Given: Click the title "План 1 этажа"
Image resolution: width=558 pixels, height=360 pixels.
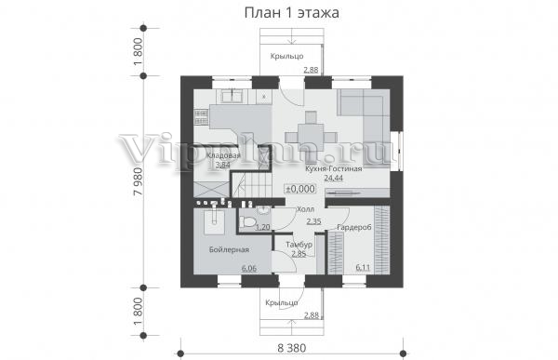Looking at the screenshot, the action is pos(291,13).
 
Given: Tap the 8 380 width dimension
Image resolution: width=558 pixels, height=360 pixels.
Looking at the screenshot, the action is pos(291,348).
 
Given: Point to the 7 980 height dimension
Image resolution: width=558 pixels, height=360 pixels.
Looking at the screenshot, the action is pos(138,181).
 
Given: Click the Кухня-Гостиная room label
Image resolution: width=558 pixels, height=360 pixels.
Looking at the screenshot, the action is pos(334,168).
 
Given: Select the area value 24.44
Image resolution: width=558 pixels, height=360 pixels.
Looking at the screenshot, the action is pos(334,178).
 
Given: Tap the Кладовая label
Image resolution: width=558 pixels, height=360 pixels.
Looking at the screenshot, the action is pos(223,155).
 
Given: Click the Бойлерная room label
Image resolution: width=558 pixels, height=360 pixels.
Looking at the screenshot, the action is pos(229,249).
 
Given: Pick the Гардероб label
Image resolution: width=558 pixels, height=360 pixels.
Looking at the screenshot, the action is pos(354,227).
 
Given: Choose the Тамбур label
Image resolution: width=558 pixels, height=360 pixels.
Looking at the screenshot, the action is pos(299,245).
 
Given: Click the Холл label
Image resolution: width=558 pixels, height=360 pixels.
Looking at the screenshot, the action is pos(305,209).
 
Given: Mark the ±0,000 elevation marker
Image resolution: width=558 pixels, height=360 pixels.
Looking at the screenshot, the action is pos(300,189).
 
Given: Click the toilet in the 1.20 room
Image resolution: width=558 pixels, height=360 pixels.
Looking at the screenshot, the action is pos(247,222).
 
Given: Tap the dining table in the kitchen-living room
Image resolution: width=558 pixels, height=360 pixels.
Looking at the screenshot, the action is pos(311,136).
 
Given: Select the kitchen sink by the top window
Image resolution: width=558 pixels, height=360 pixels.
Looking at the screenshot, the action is pos(232,96).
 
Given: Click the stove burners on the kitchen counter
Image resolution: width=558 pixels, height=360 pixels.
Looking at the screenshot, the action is pos(201,117).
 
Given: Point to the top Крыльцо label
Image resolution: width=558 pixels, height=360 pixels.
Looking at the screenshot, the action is pos(286,56).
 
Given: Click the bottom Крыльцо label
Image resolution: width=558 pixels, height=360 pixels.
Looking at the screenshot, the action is pos(282,302).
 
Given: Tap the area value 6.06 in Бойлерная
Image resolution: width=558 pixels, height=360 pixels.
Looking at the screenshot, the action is pos(249,269).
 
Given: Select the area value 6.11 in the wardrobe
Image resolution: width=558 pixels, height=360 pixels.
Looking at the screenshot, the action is pos(363,267).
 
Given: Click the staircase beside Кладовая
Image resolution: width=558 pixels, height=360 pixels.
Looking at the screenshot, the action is pos(252,184).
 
